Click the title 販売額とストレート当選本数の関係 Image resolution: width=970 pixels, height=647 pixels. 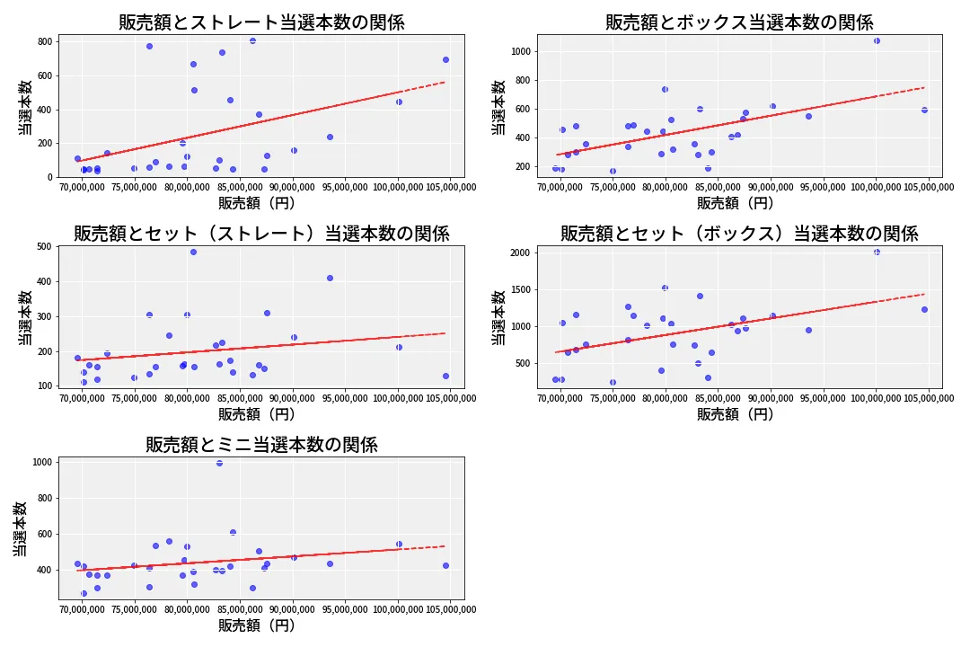[261, 22]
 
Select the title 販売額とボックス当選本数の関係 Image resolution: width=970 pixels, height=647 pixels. [739, 22]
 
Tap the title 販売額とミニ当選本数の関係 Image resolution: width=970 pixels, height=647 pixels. [261, 445]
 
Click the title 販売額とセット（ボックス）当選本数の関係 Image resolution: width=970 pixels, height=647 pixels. [739, 234]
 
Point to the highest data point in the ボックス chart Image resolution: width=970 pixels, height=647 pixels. [877, 40]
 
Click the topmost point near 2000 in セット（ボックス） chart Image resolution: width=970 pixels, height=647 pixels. [877, 252]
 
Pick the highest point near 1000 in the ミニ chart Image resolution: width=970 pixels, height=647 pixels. [220, 463]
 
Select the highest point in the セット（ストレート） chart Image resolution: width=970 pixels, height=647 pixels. [194, 252]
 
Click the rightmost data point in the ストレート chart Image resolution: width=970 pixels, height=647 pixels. [446, 60]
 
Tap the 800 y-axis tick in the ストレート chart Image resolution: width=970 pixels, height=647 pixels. [45, 41]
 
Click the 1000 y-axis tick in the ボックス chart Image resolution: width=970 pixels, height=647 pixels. [521, 51]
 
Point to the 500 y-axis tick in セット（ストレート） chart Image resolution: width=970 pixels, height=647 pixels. [45, 246]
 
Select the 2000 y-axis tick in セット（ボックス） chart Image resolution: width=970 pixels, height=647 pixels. [521, 253]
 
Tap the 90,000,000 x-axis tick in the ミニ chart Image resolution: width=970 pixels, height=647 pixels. [293, 609]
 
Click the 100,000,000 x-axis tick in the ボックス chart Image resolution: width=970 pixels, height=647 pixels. [876, 187]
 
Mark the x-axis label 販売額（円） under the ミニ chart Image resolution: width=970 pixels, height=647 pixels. [257, 625]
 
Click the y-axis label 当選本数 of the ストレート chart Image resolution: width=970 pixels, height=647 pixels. [25, 107]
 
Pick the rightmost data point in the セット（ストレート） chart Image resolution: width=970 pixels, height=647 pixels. [446, 376]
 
